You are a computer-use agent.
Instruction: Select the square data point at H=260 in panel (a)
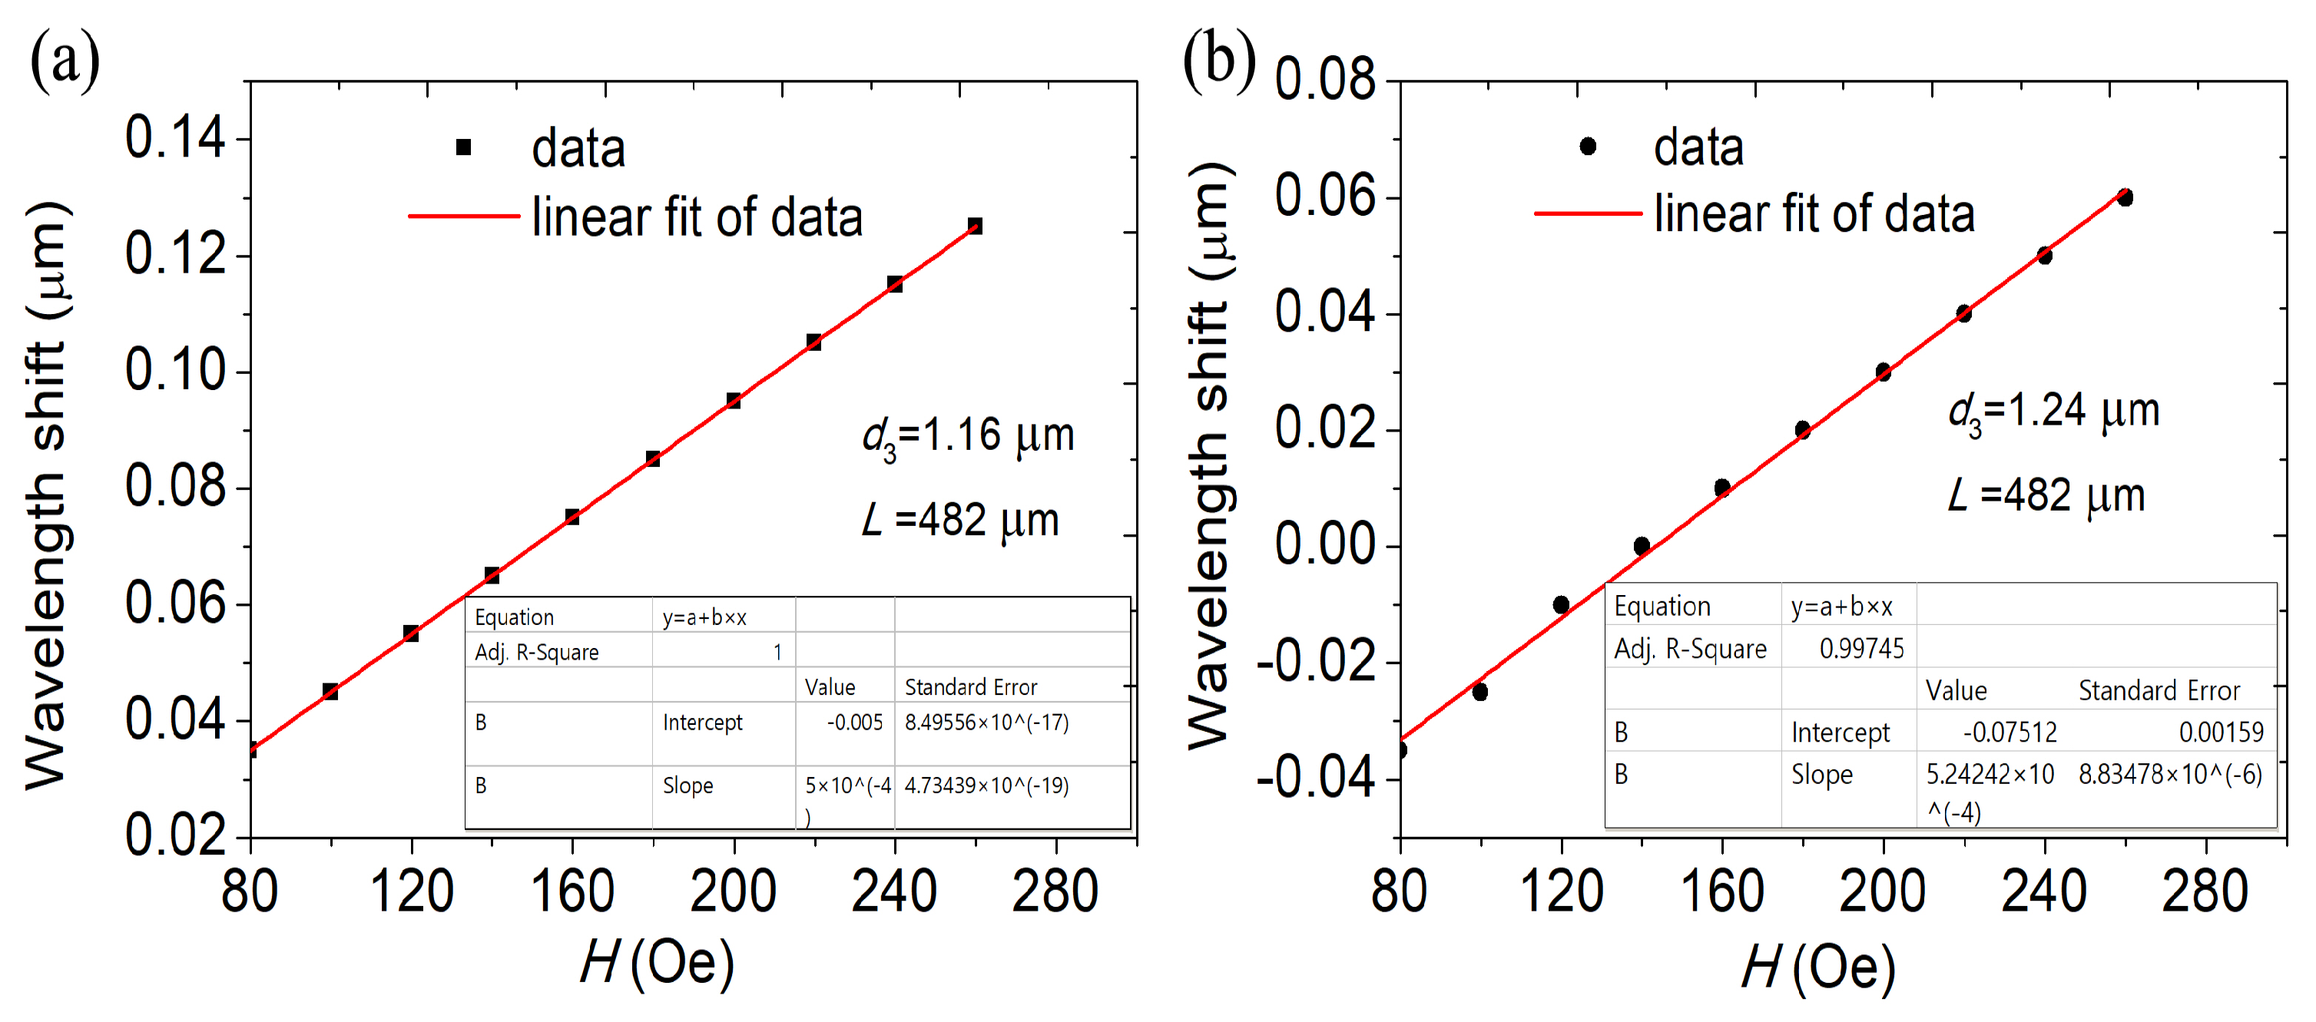pos(975,226)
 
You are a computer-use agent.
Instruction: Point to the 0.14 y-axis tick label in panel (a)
pos(174,138)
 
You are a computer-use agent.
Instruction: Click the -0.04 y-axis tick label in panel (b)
pos(1315,778)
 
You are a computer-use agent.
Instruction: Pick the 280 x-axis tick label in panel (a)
pos(1055,891)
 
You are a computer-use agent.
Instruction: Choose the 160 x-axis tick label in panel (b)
pos(1721,891)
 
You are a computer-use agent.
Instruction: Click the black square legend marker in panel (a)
pos(464,147)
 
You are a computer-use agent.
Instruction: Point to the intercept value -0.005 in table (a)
pos(854,723)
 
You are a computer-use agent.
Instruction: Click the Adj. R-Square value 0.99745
pos(1861,649)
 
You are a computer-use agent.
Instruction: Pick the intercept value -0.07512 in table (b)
pos(2010,733)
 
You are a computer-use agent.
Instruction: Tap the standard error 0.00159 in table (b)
pos(2221,733)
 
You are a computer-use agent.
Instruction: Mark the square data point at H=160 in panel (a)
pos(572,517)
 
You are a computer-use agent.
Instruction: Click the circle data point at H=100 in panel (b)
pos(1480,692)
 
